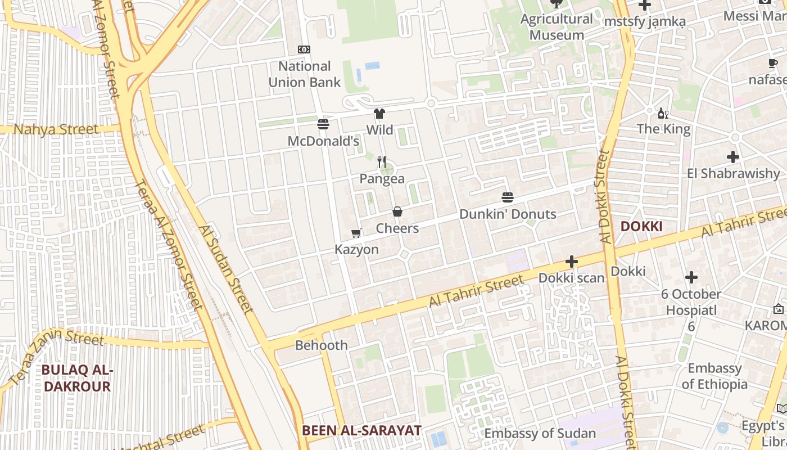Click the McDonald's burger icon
point(323,124)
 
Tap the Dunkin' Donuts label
point(508,214)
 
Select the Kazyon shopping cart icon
point(356,233)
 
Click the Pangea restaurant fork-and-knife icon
point(382,162)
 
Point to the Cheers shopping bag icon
point(397,211)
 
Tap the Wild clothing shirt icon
point(379,114)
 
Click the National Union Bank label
point(304,74)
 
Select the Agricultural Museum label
point(557,26)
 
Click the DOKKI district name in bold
point(641,227)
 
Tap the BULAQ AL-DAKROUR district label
point(78,379)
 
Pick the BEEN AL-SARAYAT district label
point(361,431)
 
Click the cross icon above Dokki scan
point(572,262)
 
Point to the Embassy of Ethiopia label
point(714,376)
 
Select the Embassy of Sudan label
point(540,434)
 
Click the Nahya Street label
point(56,129)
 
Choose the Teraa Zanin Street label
point(56,354)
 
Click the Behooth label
point(322,345)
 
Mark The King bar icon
point(663,113)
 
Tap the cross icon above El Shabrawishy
point(732,157)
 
